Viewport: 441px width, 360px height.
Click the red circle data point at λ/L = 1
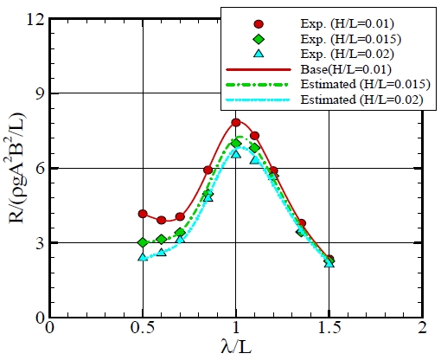[236, 123]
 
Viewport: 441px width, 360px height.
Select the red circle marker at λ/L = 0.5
[143, 214]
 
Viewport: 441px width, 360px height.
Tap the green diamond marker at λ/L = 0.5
[143, 242]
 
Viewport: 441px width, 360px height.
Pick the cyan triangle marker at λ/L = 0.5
[143, 257]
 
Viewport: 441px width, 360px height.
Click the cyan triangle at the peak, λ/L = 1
[236, 154]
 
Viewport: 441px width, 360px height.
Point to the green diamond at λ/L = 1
[236, 143]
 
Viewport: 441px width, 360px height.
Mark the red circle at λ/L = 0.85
[208, 170]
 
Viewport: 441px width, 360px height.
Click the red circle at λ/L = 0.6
[162, 221]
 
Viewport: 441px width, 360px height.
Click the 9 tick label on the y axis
[37, 93]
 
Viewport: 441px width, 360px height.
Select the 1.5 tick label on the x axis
[329, 330]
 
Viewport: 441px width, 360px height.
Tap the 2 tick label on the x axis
[422, 330]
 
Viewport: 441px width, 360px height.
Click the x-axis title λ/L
[236, 348]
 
